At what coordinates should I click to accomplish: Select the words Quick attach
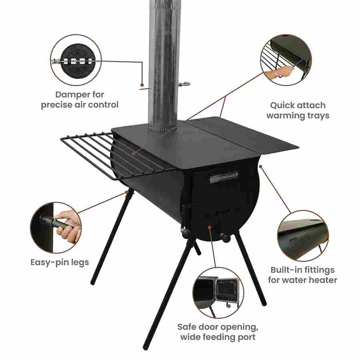(298, 106)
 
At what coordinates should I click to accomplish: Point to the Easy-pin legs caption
(60, 263)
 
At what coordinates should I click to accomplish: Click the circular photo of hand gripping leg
(56, 227)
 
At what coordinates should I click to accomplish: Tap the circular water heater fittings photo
(303, 235)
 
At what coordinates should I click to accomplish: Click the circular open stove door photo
(218, 292)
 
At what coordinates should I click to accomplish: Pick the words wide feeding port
(218, 337)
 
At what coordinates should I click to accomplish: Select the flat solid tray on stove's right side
(244, 136)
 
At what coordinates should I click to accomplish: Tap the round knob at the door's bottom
(226, 238)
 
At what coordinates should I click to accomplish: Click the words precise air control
(80, 105)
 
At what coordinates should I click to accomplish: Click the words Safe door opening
(218, 326)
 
